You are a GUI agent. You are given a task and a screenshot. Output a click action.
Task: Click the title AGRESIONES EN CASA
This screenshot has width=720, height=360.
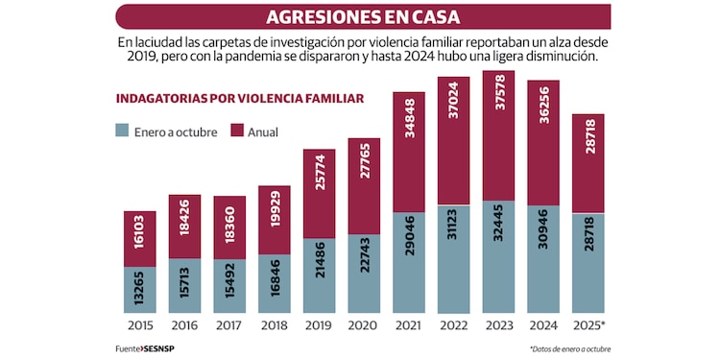tap(362, 16)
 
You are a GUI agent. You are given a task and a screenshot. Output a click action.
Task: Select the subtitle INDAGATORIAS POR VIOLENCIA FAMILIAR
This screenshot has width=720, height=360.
tap(239, 98)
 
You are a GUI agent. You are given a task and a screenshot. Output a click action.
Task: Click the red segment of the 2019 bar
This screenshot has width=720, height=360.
tap(319, 192)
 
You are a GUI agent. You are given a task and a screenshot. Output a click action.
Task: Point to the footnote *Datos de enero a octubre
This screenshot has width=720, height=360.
tap(568, 348)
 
